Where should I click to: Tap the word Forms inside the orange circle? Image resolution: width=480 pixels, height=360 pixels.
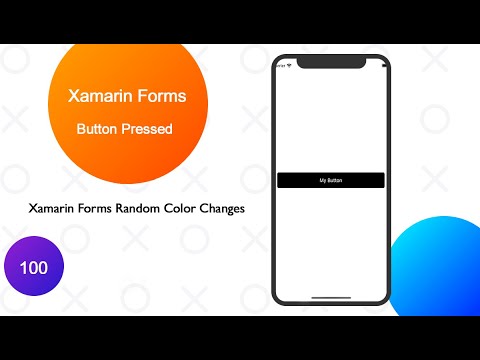tap(159, 97)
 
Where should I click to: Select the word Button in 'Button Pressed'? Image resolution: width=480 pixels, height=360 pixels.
tap(101, 129)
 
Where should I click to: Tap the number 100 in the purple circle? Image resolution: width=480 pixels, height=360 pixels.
tap(34, 270)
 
